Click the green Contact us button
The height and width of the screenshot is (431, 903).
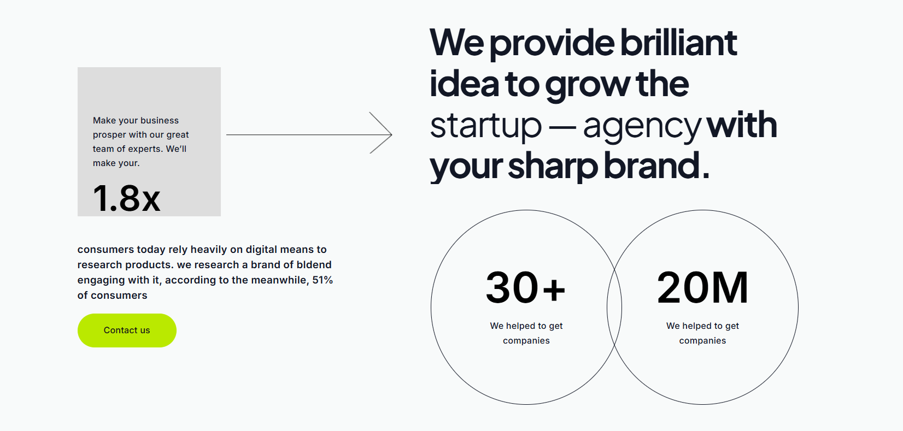click(x=127, y=330)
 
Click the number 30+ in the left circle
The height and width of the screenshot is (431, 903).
click(x=526, y=288)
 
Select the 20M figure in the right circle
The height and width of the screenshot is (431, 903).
click(x=702, y=288)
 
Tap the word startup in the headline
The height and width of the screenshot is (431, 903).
click(x=485, y=126)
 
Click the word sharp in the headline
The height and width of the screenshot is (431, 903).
click(x=553, y=166)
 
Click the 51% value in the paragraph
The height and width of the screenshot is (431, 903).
click(x=322, y=280)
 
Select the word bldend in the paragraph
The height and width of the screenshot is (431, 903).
click(x=313, y=265)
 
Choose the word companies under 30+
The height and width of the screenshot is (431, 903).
click(x=526, y=341)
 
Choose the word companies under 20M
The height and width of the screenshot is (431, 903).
click(x=702, y=341)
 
